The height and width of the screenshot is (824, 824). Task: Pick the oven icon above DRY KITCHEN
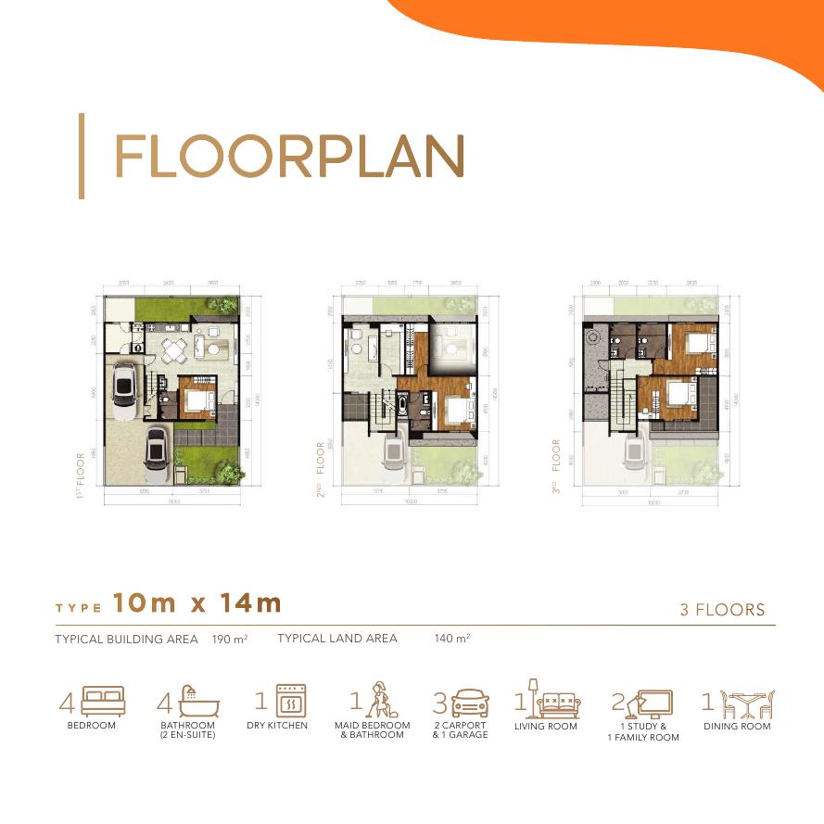291,702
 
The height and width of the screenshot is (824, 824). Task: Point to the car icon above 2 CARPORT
469,702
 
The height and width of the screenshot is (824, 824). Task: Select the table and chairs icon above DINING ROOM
746,702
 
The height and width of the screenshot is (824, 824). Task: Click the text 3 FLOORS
723,610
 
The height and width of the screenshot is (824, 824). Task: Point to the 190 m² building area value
229,639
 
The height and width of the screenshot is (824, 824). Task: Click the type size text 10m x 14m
196,603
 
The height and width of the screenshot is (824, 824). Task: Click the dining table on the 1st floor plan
174,349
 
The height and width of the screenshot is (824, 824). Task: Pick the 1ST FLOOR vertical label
82,477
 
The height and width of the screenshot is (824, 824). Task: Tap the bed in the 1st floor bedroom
198,399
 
